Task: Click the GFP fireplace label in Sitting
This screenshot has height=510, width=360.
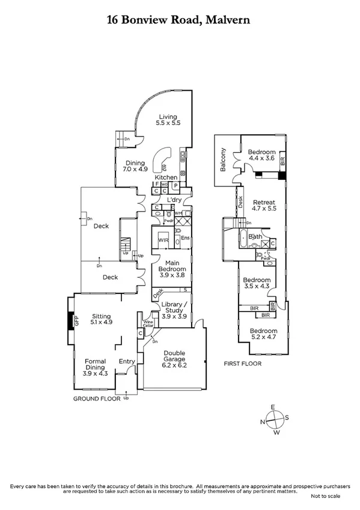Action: [76, 322]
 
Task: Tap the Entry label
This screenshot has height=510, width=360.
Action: [127, 361]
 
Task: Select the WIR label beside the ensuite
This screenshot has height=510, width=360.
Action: [163, 240]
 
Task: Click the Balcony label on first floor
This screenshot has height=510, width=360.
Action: [223, 160]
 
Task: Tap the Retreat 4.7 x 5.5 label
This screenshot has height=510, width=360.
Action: [264, 206]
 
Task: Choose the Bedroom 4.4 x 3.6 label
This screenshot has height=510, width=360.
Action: [262, 156]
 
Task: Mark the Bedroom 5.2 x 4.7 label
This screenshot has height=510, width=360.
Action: [264, 335]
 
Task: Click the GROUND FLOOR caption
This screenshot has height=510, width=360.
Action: [95, 398]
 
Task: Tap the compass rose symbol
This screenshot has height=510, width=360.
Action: [273, 419]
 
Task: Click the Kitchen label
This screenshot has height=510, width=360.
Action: [166, 177]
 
